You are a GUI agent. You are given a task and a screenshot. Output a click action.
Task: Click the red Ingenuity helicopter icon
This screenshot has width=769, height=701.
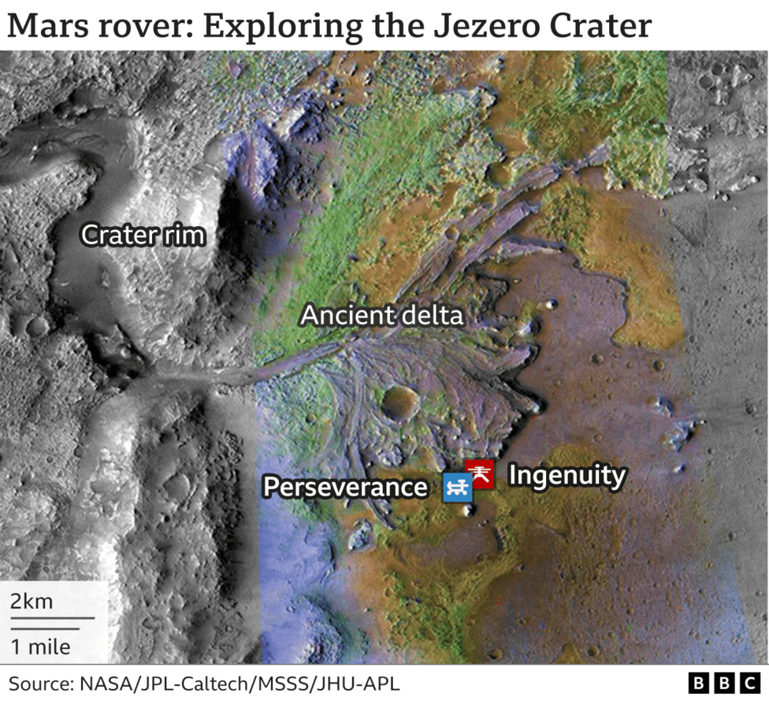point(480,473)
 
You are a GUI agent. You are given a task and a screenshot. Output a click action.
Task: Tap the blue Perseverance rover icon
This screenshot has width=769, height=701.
point(458,488)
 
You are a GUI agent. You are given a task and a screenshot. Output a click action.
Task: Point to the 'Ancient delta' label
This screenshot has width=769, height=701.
point(382,316)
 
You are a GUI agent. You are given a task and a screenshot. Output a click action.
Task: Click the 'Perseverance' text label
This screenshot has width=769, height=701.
point(345,487)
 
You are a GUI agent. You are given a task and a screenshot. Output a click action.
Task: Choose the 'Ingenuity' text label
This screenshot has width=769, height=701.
point(567,475)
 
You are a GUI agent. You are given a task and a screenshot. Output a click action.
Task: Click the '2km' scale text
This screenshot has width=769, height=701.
point(32,602)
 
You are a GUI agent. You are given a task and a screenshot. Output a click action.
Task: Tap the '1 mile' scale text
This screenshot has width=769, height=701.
point(40,647)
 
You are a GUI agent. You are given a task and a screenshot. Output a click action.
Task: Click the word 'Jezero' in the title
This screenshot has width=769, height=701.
point(481,26)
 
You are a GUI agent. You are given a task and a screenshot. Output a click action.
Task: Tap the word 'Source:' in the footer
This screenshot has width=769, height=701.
point(39,681)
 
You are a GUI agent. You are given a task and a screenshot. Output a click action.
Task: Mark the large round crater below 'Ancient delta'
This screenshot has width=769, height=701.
point(399,402)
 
